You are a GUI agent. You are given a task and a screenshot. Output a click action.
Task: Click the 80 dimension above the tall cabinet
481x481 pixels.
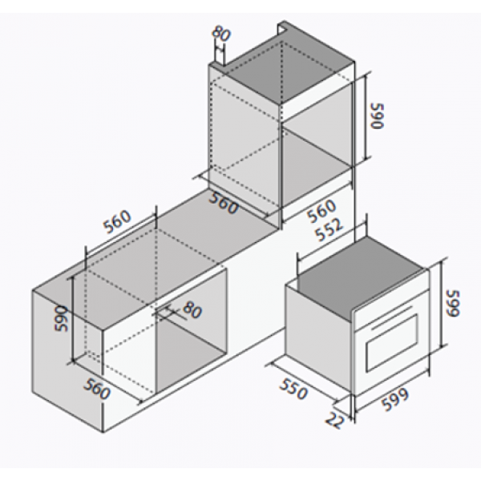pos(220,34)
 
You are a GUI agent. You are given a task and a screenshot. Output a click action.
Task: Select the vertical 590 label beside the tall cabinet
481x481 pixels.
pos(378,116)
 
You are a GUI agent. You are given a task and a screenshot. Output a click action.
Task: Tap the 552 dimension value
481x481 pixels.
pos(329,230)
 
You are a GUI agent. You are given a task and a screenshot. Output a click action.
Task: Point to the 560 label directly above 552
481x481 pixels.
pos(321,211)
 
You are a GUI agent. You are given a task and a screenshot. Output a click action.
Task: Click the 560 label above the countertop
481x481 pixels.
pos(118,221)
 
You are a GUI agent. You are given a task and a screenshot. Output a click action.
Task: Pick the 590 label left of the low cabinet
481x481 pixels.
pos(62,318)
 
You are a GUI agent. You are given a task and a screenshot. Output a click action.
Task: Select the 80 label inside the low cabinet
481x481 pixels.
pos(192,310)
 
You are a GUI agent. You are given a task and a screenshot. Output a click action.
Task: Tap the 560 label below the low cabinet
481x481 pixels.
pos(97,389)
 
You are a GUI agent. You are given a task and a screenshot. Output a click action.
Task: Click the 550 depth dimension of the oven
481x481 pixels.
pos(293,389)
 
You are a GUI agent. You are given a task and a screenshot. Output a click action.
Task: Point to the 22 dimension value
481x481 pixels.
pos(333,420)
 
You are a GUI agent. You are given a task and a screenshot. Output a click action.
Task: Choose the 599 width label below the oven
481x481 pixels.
pos(395,400)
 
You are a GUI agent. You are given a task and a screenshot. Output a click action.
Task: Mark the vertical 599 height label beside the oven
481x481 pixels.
pos(454,303)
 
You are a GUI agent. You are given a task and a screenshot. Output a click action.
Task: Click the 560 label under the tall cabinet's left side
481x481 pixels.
pos(223,203)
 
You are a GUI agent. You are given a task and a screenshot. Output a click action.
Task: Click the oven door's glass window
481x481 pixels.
pos(392,342)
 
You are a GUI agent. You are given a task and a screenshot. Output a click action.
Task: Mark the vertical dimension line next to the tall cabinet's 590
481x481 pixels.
pos(366,117)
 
